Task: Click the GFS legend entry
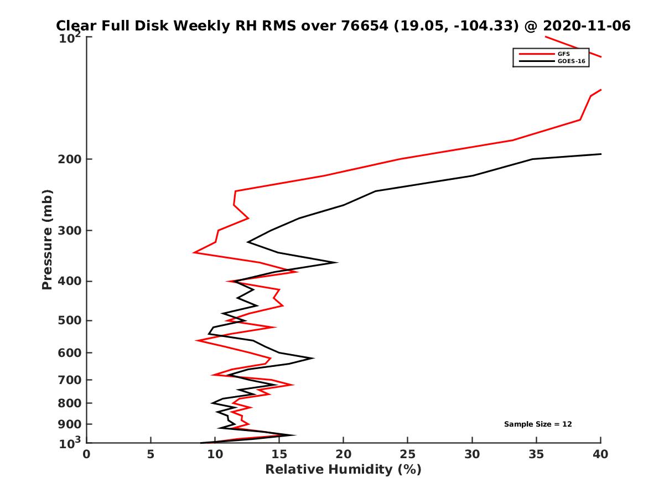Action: pyautogui.click(x=564, y=54)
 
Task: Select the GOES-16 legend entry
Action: pyautogui.click(x=570, y=61)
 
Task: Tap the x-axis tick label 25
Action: pyautogui.click(x=407, y=455)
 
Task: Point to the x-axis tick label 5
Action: pyautogui.click(x=151, y=455)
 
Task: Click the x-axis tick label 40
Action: pyautogui.click(x=600, y=455)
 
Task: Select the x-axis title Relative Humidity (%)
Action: pyautogui.click(x=343, y=470)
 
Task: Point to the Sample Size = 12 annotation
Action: pyautogui.click(x=538, y=424)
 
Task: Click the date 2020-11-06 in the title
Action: pyautogui.click(x=587, y=26)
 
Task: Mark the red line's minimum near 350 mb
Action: pyautogui.click(x=194, y=252)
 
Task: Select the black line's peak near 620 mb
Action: pyautogui.click(x=313, y=358)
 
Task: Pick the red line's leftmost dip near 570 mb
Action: pyautogui.click(x=196, y=340)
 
